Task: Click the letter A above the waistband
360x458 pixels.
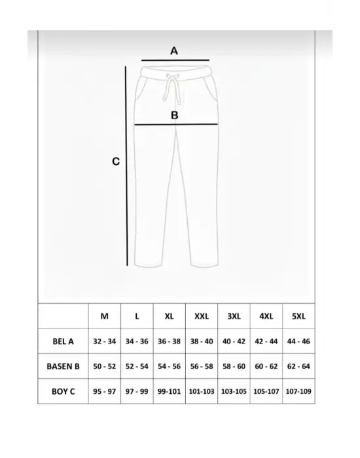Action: [x=174, y=50]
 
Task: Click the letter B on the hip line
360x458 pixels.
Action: [x=175, y=115]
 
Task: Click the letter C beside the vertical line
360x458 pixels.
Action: [x=115, y=161]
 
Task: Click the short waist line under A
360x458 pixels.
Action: [x=174, y=60]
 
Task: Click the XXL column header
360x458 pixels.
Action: [x=202, y=316]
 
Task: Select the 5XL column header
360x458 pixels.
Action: [x=298, y=316]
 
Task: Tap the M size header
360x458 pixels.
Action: [x=105, y=316]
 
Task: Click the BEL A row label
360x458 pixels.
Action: [x=63, y=341]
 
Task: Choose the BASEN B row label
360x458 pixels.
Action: [x=63, y=366]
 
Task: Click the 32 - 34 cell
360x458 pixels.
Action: [x=105, y=341]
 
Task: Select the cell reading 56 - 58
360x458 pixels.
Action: [x=202, y=366]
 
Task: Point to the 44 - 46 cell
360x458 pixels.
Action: [x=298, y=341]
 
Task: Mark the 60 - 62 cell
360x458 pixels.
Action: [x=266, y=366]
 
